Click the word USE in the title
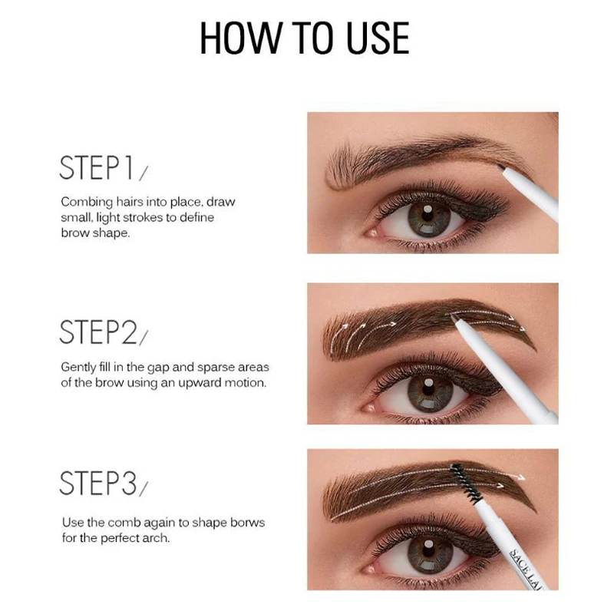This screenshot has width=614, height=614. point(378,38)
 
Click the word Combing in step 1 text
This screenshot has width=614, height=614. point(87,203)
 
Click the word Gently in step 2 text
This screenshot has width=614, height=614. point(78,368)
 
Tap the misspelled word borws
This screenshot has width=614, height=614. point(247,523)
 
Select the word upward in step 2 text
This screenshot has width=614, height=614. point(200,383)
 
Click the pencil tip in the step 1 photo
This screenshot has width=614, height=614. point(501,167)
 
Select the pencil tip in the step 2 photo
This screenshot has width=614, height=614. point(454,318)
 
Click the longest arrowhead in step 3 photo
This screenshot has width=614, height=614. point(520,477)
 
